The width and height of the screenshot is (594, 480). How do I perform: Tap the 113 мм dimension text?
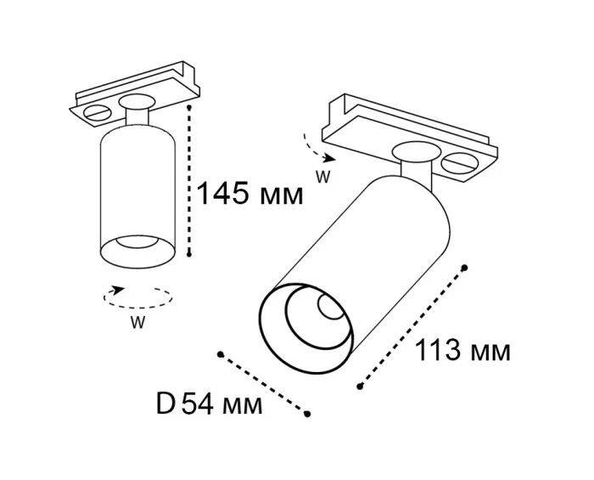point(462,350)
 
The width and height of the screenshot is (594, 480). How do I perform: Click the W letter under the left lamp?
point(136,322)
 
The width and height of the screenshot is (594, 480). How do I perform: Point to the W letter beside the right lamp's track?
point(322,178)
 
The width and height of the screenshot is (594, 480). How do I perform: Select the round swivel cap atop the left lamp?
point(136,103)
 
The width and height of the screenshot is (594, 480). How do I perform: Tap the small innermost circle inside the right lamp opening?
point(328,307)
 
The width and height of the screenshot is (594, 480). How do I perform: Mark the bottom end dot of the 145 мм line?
point(192,253)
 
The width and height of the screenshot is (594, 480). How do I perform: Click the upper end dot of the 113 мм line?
point(466,266)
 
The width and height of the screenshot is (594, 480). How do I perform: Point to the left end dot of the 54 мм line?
point(220,353)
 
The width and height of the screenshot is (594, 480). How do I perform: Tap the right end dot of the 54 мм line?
point(308,414)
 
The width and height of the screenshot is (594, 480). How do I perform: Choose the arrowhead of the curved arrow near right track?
point(333,158)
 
